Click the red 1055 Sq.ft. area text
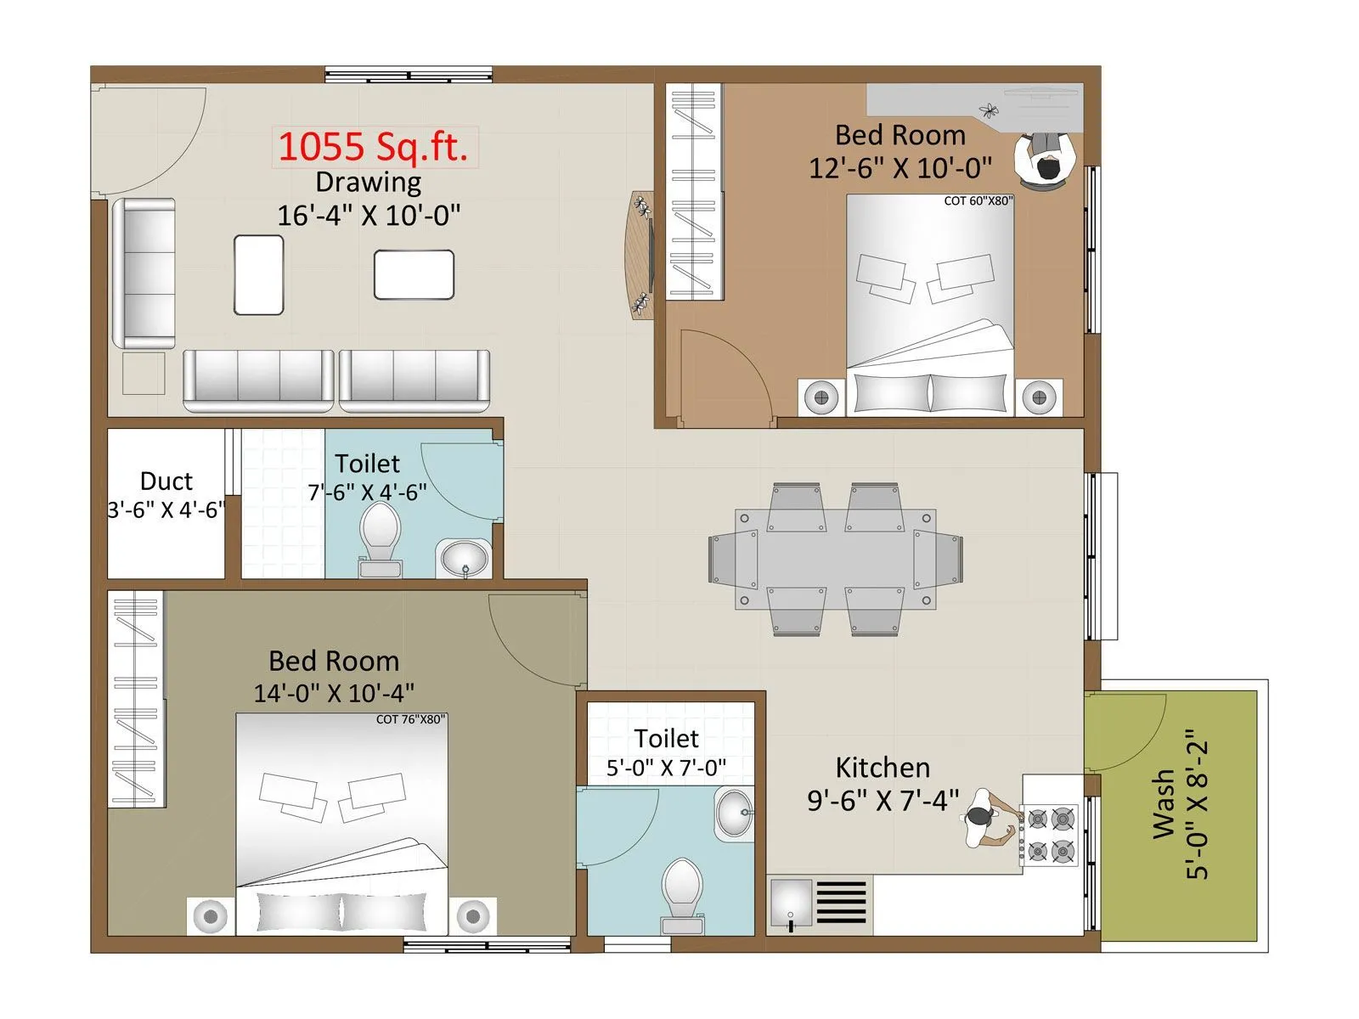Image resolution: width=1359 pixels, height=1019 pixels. pos(374,147)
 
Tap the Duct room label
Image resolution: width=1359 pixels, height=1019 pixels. pos(166,481)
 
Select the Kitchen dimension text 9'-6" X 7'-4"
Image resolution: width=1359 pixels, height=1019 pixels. pos(883,800)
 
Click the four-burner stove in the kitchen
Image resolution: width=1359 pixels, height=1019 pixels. pos(1051,835)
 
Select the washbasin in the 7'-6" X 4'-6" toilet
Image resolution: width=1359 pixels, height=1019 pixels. pos(464,558)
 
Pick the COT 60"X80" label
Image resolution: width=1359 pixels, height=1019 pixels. pos(978,201)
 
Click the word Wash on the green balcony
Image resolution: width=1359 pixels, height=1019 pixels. pos(1164,804)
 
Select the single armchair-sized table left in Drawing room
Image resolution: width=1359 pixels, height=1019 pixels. pos(259,275)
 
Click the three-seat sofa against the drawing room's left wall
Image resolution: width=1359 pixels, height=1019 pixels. pos(144,273)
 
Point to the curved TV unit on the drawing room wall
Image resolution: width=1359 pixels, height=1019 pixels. pos(642,254)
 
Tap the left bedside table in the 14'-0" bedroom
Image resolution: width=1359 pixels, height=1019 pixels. pos(210,915)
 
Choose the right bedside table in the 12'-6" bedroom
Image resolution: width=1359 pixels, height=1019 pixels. pos(1038,397)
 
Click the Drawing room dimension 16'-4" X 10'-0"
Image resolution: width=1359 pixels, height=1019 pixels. pos(369,215)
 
